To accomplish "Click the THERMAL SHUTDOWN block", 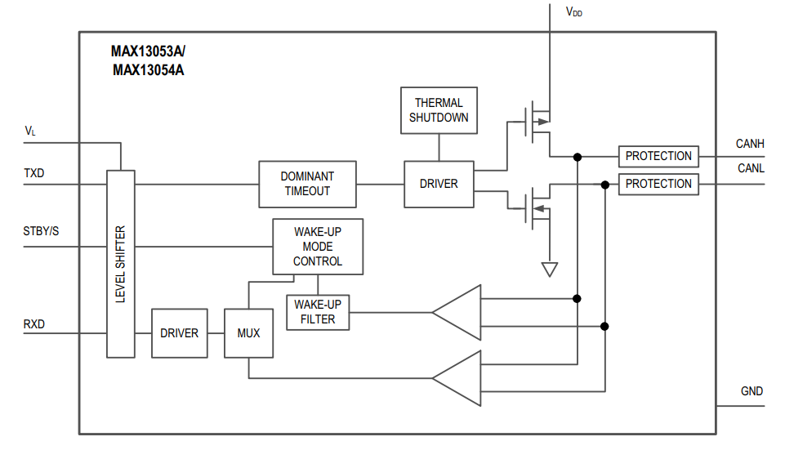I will tap(439, 110).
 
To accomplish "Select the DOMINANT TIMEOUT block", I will tap(307, 184).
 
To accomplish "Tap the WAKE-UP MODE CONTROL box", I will tap(317, 247).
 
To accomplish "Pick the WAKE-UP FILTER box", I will tap(318, 312).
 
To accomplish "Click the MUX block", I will tap(248, 333).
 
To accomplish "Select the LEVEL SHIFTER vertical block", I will tap(121, 264).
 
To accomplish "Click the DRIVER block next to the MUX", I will tap(179, 333).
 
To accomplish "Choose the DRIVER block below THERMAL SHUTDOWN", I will tap(439, 184).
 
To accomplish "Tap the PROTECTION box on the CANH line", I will tap(658, 156).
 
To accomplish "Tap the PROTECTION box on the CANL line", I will tap(658, 184).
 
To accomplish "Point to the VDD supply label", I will tap(574, 12).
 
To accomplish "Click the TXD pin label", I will tap(34, 174).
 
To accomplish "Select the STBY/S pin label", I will tap(41, 231).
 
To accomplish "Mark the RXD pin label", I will tap(34, 324).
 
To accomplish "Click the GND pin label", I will tap(752, 391).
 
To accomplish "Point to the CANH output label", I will tap(750, 144).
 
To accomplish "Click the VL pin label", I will tap(30, 131).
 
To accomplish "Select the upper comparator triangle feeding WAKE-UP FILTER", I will tap(458, 312).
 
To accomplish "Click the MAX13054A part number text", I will tap(148, 69).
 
